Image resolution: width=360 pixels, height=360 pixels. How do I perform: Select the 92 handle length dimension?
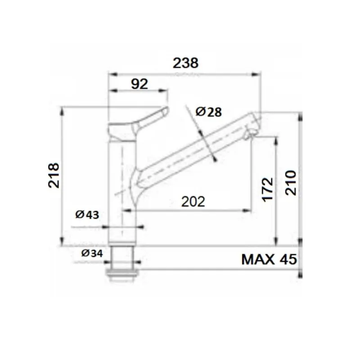click(x=139, y=84)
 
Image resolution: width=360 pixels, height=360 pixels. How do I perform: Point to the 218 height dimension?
click(x=54, y=175)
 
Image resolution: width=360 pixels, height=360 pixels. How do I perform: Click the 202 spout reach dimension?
click(x=193, y=202)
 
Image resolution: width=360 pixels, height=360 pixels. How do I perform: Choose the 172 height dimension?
click(x=267, y=189)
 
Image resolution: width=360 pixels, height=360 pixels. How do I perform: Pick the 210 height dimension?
click(x=291, y=182)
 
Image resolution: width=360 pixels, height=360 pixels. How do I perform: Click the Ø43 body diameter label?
click(x=87, y=215)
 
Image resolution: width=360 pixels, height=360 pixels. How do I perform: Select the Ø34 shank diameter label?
click(x=92, y=253)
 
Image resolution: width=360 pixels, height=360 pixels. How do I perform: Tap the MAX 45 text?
click(x=269, y=260)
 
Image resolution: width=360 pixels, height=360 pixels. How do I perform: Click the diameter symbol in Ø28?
click(x=201, y=111)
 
